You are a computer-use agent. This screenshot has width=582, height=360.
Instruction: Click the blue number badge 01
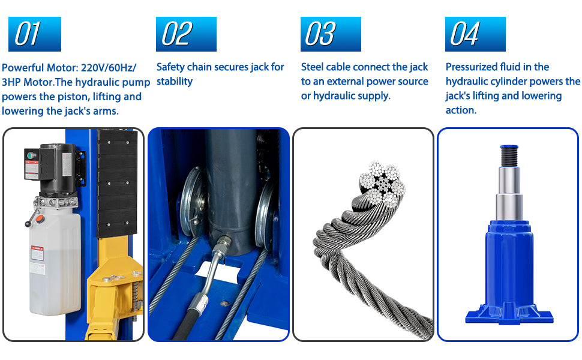click(35, 34)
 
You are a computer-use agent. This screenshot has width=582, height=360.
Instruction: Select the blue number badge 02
click(186, 34)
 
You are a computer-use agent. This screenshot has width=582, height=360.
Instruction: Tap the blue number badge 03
click(331, 34)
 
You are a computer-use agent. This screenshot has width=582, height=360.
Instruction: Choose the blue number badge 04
click(475, 34)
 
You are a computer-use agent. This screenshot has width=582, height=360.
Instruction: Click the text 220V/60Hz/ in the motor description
click(109, 68)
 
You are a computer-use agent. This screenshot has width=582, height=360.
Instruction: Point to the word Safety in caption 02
click(170, 67)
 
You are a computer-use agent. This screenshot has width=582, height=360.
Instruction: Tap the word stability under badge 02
click(175, 81)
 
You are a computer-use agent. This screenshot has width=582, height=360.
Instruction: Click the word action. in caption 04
click(461, 110)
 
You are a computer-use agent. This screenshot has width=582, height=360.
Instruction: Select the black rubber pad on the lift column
click(117, 184)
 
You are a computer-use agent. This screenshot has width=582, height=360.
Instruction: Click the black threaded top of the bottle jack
click(509, 156)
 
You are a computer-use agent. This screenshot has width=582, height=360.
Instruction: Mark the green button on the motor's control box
click(30, 155)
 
